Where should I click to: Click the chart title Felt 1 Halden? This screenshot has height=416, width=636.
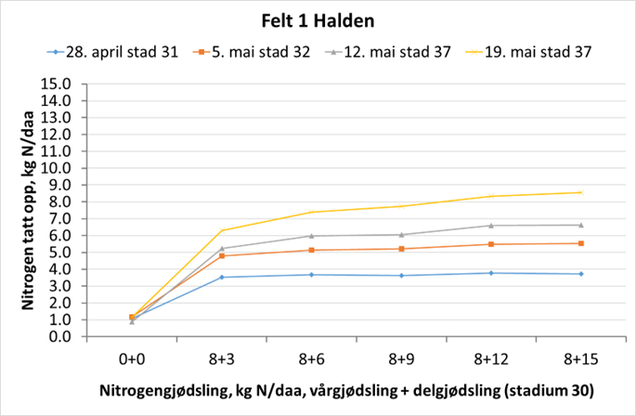[317, 18]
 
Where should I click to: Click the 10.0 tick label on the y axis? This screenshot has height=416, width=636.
[57, 169]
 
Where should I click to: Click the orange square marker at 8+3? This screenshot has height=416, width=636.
[222, 255]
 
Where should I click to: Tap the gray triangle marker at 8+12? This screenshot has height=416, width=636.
[491, 226]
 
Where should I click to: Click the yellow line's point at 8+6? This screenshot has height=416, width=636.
[312, 212]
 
